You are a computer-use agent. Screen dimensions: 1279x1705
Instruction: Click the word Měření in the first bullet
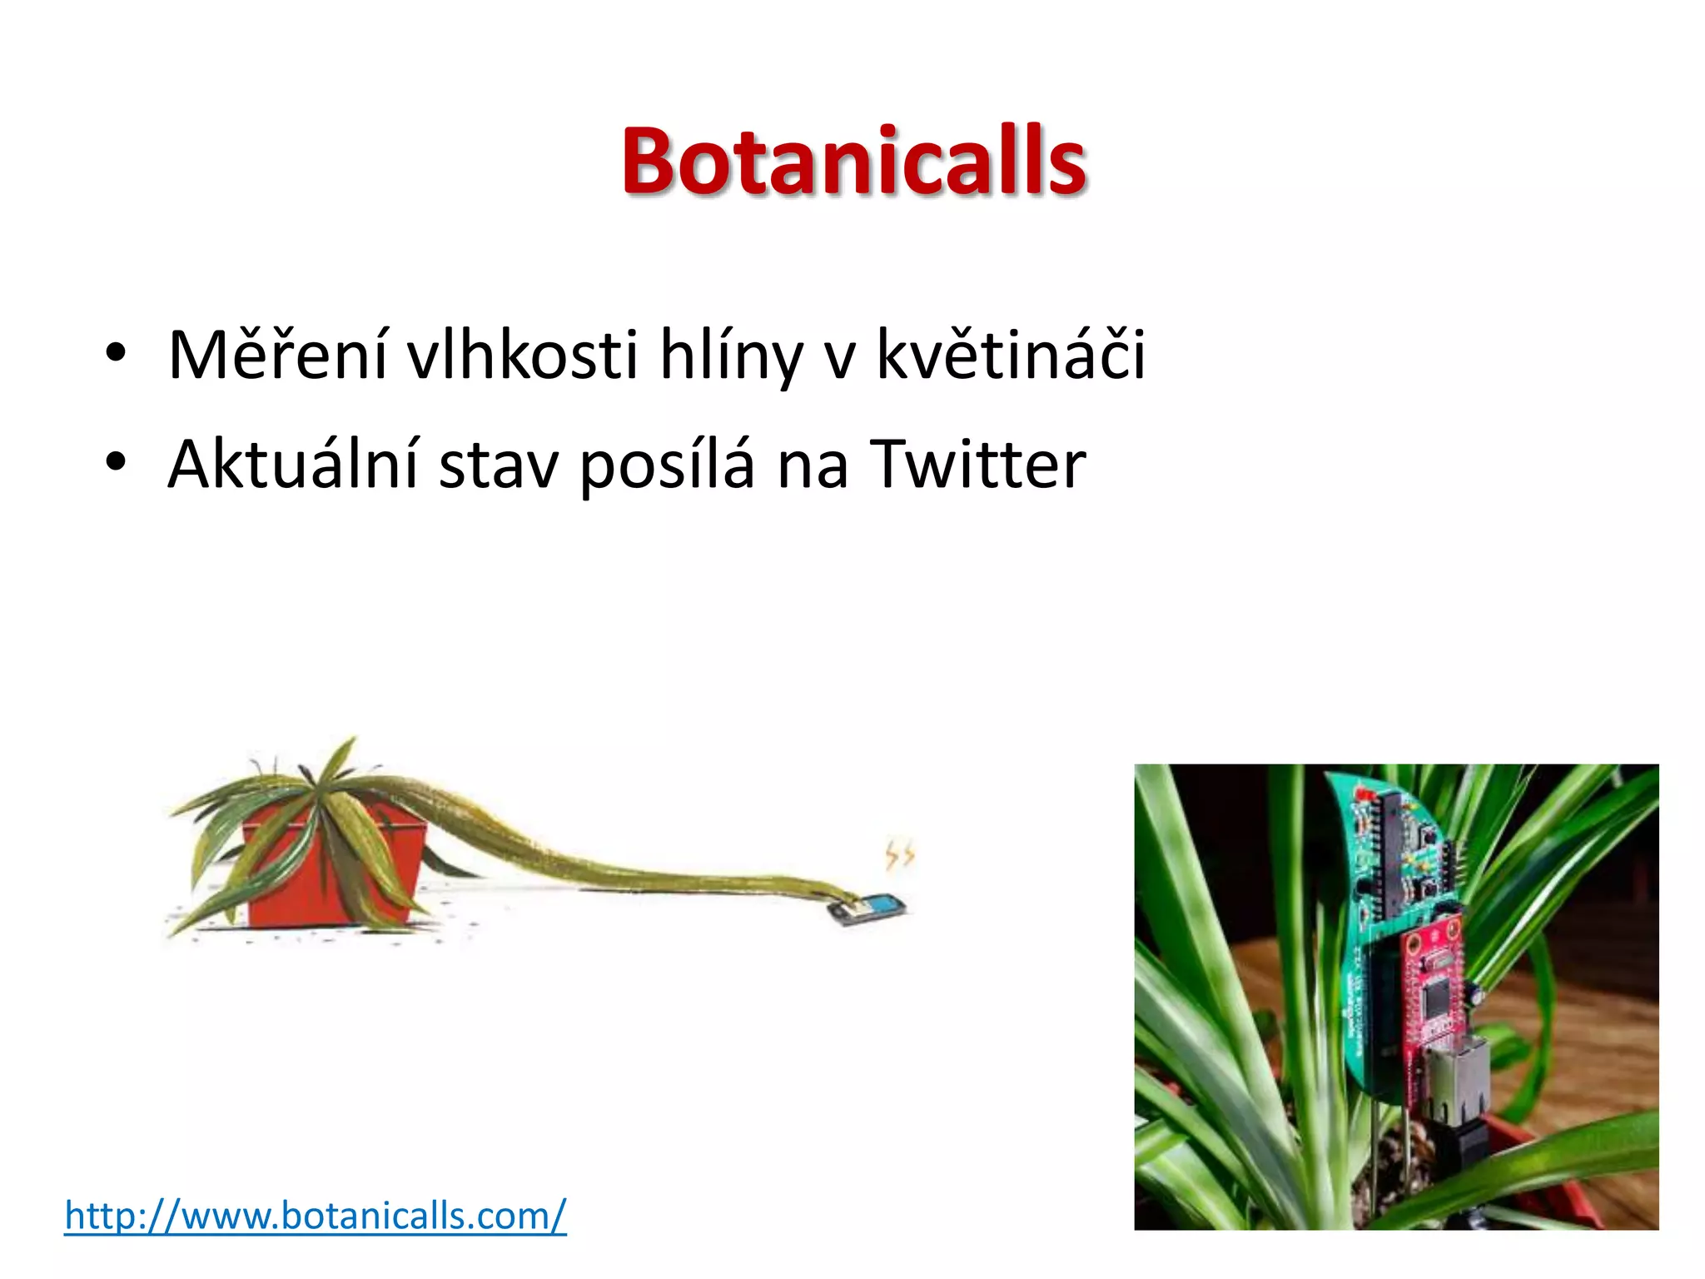[276, 356]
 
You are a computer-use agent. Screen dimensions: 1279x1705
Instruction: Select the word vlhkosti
[522, 356]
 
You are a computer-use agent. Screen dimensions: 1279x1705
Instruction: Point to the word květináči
[1011, 356]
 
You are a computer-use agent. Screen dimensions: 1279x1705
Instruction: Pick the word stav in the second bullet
[498, 466]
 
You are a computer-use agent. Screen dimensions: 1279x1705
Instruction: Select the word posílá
[667, 466]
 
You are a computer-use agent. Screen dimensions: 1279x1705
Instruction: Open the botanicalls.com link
[316, 1216]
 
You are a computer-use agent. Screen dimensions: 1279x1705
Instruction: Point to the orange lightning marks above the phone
[899, 855]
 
